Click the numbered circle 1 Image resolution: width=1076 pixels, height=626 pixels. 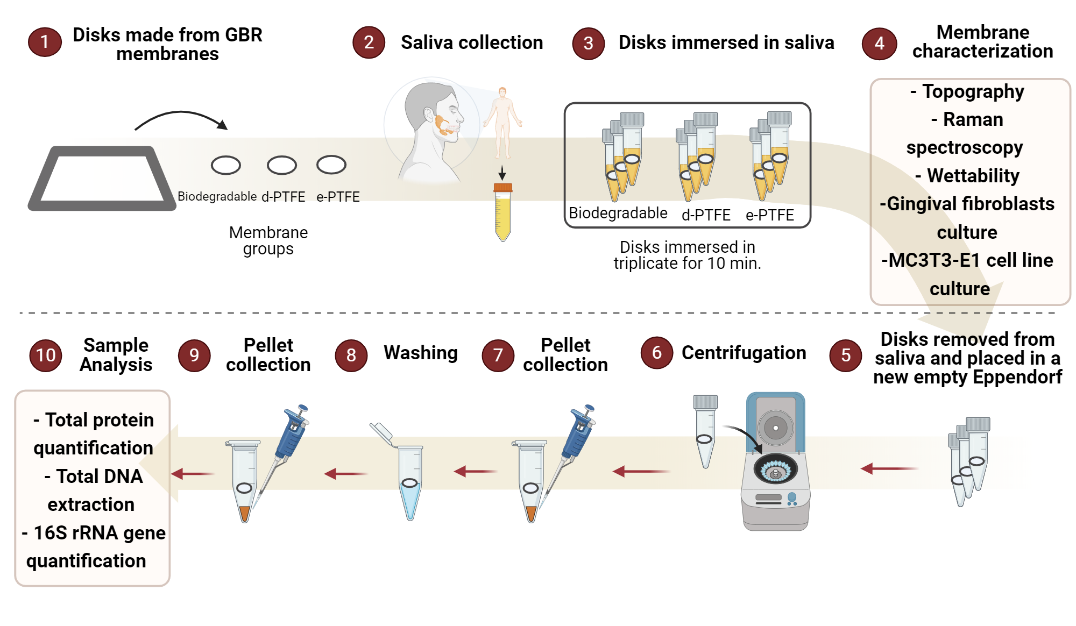[45, 42]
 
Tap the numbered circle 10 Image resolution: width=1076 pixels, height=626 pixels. [45, 355]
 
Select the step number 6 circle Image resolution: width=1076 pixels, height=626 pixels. [656, 353]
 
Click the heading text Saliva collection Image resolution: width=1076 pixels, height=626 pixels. [471, 42]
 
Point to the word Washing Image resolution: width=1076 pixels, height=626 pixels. [420, 353]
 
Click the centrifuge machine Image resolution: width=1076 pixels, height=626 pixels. [775, 463]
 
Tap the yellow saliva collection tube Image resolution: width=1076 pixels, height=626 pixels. [502, 212]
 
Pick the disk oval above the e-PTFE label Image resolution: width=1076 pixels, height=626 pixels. [331, 165]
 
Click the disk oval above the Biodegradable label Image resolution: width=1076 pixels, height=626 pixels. [225, 165]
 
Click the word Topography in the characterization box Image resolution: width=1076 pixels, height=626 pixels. [973, 91]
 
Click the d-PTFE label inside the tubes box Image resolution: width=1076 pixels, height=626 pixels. [705, 215]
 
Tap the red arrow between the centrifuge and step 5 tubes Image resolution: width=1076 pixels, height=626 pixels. [889, 469]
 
